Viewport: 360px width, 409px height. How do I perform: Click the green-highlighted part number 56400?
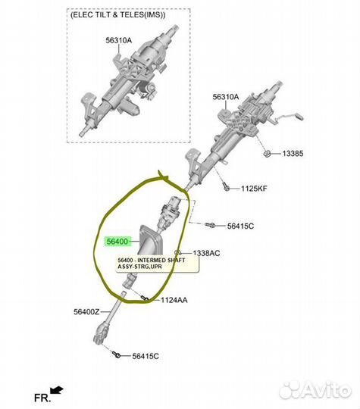117,242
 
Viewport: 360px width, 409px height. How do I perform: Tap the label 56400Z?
86,312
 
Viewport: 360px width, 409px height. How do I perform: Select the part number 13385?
293,153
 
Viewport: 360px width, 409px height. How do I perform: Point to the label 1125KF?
254,189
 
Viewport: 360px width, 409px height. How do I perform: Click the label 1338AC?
206,253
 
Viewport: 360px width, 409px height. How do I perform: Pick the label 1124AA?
174,300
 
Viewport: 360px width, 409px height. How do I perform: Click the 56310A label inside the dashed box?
119,40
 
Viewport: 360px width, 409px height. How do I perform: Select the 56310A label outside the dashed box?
226,97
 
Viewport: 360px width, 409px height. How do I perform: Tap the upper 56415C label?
240,226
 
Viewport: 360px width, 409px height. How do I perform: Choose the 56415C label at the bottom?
146,356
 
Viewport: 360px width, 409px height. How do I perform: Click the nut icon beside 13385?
267,154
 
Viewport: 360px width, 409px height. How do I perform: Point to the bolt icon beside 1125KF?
226,187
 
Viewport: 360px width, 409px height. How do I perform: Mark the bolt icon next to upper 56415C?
210,225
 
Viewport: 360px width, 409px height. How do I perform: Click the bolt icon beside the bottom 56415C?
117,354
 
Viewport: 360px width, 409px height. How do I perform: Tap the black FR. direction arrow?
57,390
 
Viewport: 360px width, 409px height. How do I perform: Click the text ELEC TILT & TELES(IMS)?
117,15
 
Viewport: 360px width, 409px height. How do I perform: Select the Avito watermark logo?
315,391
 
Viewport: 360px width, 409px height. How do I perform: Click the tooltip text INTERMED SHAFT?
161,261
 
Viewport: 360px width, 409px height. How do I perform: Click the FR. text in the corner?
42,398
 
